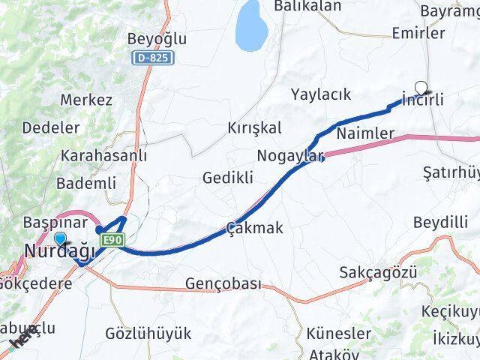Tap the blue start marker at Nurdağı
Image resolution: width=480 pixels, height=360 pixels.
tap(60, 239)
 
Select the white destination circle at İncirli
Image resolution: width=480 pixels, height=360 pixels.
tap(421, 87)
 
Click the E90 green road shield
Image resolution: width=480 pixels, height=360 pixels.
tap(112, 239)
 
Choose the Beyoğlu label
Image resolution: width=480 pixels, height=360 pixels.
tap(157, 39)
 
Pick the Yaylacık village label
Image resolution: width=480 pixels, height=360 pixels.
tap(322, 94)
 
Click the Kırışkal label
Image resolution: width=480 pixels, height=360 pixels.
tap(254, 128)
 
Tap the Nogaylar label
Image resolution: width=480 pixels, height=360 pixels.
tap(289, 156)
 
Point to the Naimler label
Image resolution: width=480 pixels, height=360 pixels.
tap(366, 133)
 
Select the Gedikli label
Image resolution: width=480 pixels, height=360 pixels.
tap(228, 178)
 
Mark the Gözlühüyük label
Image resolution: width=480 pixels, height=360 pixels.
tap(148, 333)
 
